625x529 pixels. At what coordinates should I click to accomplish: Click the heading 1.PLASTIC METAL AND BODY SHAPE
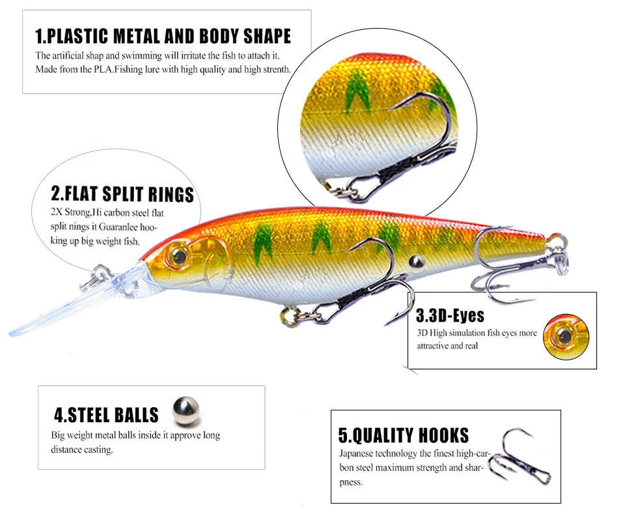163,36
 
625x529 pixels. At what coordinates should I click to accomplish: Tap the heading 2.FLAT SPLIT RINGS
122,194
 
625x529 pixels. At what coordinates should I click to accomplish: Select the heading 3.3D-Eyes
450,315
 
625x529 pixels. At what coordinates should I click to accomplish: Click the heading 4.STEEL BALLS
106,415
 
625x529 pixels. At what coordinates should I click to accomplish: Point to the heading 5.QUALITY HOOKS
404,435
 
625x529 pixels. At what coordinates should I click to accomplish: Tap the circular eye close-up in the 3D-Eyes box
566,337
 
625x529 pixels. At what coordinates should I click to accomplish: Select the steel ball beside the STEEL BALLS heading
186,411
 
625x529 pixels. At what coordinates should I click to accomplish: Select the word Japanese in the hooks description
356,453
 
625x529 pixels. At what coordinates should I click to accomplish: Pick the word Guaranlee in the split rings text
118,227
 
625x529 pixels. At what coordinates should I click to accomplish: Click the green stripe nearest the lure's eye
262,244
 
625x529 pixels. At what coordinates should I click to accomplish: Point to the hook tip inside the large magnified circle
389,109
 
